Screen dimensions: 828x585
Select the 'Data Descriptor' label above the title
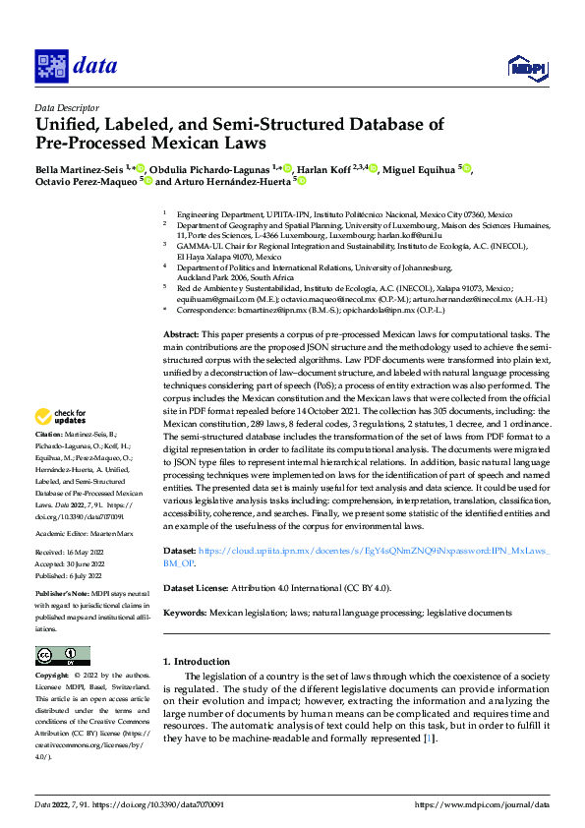67,107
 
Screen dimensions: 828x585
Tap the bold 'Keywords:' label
185,612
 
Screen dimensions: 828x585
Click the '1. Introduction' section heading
197,662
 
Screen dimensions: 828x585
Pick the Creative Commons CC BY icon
62,655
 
